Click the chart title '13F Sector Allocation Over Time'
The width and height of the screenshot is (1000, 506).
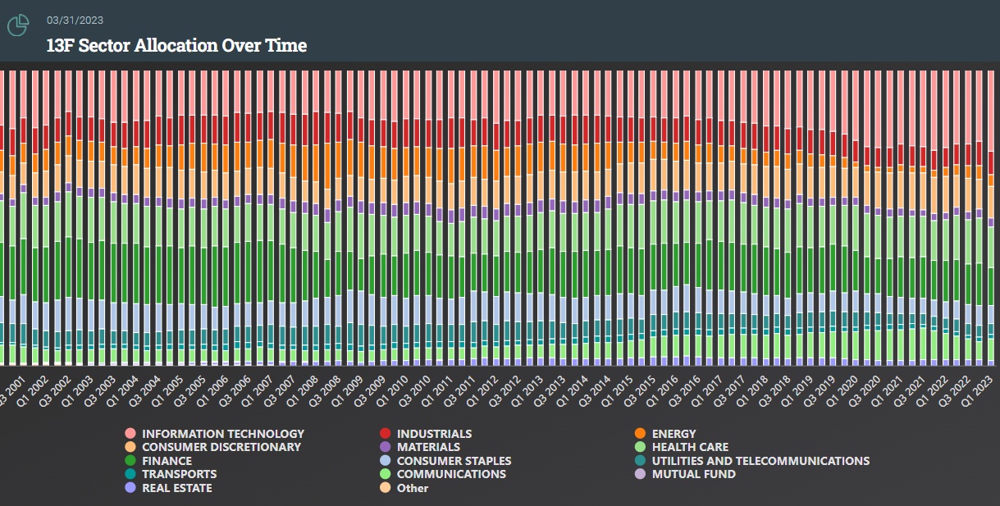point(176,45)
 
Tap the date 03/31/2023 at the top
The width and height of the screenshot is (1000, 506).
point(75,20)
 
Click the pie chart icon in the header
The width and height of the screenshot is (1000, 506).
point(18,26)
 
